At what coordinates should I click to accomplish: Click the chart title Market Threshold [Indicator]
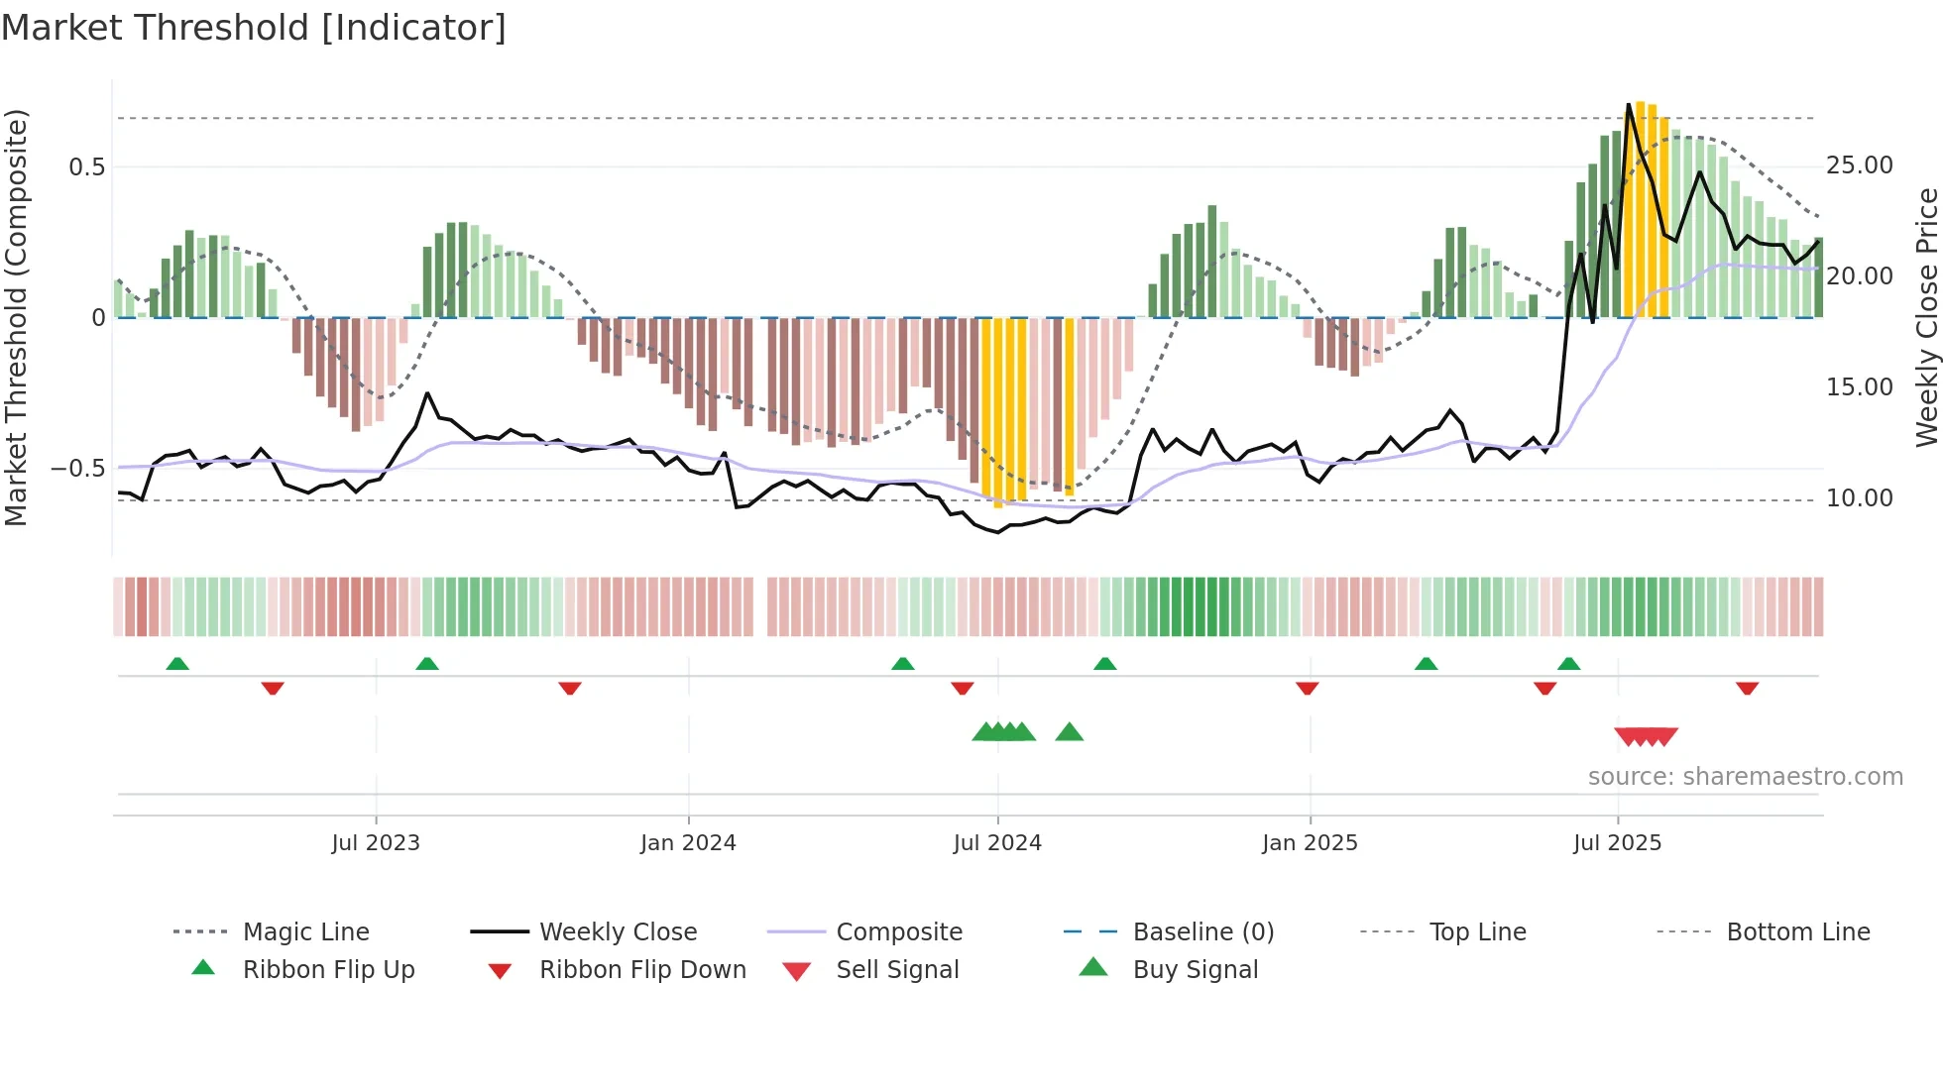tap(254, 28)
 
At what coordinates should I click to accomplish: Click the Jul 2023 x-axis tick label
tap(376, 843)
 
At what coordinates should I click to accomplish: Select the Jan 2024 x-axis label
tap(688, 843)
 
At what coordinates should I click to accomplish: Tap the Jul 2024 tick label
tap(997, 843)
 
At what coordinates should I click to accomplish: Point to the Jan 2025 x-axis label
tap(1310, 843)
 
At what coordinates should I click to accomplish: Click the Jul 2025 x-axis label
tap(1617, 843)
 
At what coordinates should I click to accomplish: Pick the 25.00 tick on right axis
tap(1859, 165)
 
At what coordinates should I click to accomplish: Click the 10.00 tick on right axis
tap(1859, 498)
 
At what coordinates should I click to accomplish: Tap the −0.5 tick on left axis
tap(77, 469)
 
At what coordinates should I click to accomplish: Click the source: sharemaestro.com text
tap(1745, 777)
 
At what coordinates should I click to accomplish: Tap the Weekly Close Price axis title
tap(1926, 317)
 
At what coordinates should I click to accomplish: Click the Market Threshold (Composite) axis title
tap(16, 317)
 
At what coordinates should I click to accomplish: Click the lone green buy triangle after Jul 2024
tap(1070, 732)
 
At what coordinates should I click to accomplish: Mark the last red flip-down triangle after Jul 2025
tap(1747, 688)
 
